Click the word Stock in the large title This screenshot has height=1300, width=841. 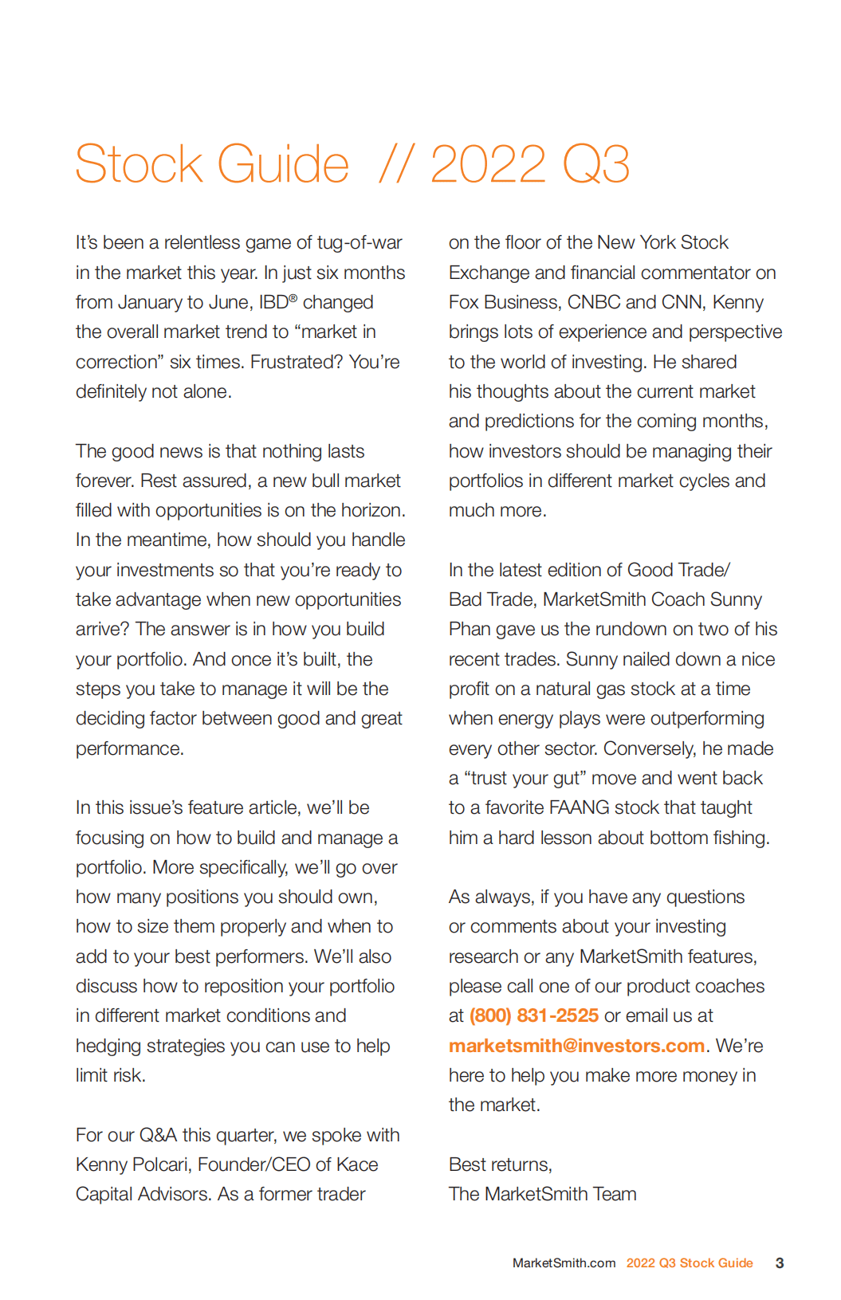(140, 164)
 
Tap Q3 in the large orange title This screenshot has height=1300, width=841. (595, 164)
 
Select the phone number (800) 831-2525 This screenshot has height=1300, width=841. (533, 1015)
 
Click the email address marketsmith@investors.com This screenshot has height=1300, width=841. (576, 1045)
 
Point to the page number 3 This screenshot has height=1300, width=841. (779, 1263)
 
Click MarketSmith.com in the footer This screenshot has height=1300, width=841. (564, 1263)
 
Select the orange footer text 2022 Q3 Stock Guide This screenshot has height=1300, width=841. (689, 1263)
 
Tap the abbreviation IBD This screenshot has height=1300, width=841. (273, 302)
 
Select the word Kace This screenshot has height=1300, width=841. (357, 1165)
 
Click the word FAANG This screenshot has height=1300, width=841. (579, 807)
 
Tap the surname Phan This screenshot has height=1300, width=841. (470, 629)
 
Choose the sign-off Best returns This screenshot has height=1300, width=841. (500, 1165)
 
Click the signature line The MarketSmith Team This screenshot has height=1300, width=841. (542, 1194)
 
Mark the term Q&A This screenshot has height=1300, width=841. (158, 1135)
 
